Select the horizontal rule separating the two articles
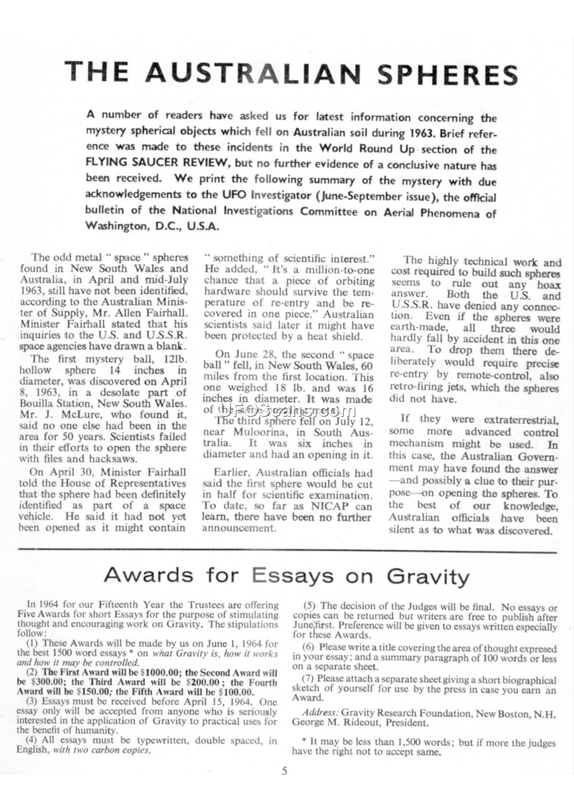pos(287,549)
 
